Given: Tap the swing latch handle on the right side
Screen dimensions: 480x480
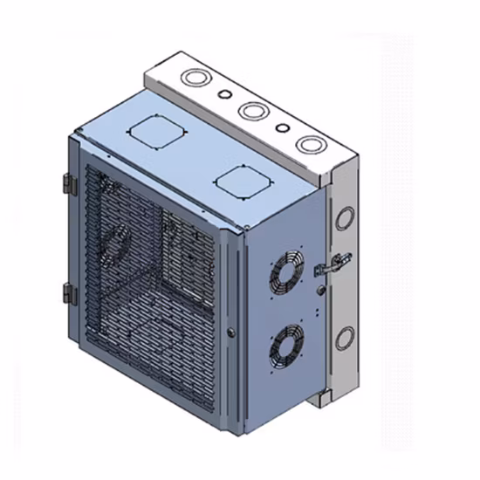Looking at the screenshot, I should (x=338, y=261).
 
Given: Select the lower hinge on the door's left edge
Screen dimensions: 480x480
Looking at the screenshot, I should (x=69, y=294).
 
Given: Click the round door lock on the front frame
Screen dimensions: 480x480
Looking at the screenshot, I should (x=230, y=332).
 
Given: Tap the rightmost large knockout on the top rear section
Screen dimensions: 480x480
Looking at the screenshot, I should (x=307, y=142).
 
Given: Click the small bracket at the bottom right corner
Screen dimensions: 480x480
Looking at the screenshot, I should (x=321, y=398).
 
